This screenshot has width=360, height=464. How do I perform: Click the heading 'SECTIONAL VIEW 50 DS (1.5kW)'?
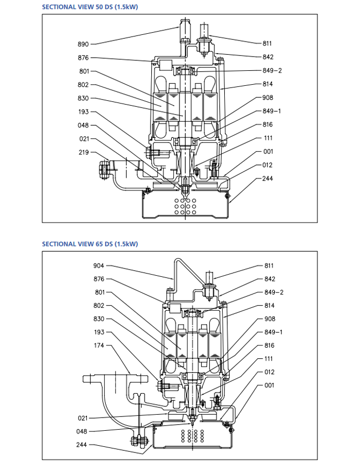(x=90, y=7)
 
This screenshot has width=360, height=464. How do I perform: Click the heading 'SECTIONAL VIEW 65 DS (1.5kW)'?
(x=90, y=244)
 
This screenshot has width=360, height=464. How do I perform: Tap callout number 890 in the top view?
(x=83, y=44)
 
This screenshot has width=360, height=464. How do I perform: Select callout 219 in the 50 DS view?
(x=84, y=152)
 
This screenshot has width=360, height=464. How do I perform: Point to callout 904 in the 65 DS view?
(x=99, y=266)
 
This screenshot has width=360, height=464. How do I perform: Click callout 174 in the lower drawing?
(x=99, y=346)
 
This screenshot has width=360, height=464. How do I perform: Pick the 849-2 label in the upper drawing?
(x=272, y=70)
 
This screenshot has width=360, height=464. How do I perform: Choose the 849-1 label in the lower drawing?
(x=274, y=332)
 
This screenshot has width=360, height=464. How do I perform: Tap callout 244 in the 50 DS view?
(x=268, y=178)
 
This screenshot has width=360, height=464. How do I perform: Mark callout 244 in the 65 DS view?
(x=81, y=445)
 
